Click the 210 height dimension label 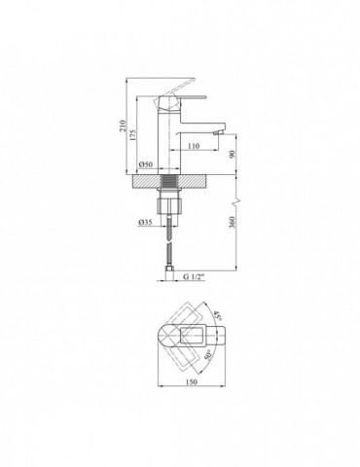click(x=123, y=126)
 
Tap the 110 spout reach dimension click(x=194, y=146)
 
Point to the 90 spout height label click(x=232, y=155)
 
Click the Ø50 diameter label click(x=146, y=164)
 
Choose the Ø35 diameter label click(x=145, y=222)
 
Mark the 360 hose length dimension click(x=232, y=222)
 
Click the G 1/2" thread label click(x=195, y=277)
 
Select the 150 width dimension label click(x=192, y=382)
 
